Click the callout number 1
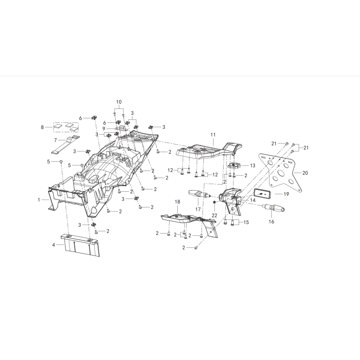coord(39,200)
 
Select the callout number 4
coord(54,245)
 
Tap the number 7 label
coord(55,140)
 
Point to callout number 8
coord(42,127)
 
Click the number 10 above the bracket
coord(119,102)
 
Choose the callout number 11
coord(213,135)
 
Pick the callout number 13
coord(252,166)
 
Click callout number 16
coord(271,221)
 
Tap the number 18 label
coord(177,202)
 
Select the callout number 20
coord(305,173)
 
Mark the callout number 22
coord(214,216)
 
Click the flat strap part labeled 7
coord(65,146)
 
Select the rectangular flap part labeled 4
coord(81,245)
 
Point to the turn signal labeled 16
coord(274,208)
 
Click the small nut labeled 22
coord(214,202)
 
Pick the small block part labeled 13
coord(234,165)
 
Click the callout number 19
coord(286,194)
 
